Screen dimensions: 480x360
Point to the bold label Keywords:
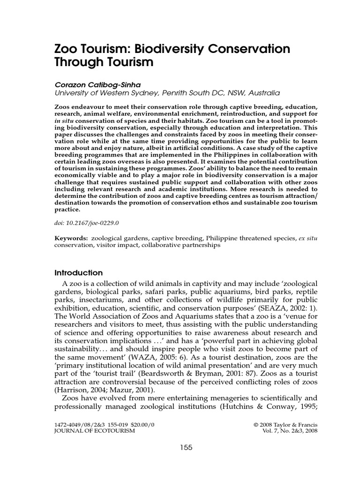(72, 238)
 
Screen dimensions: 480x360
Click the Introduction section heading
(79, 272)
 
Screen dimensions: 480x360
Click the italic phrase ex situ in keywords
(308, 238)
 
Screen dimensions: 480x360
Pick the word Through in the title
(81, 61)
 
